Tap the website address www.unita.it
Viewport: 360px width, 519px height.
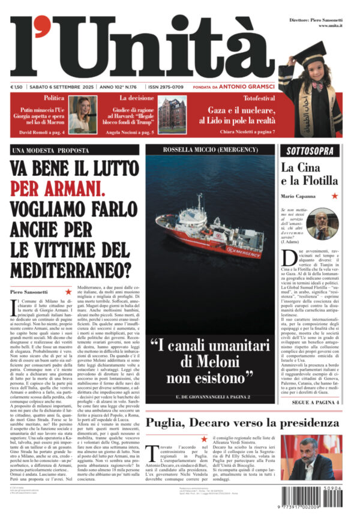(x=330, y=26)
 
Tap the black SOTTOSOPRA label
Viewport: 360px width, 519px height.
(x=310, y=151)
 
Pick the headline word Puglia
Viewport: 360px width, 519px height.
(x=170, y=422)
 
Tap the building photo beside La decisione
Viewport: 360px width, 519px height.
(x=172, y=115)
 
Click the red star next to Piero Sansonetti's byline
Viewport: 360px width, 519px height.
(x=68, y=292)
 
